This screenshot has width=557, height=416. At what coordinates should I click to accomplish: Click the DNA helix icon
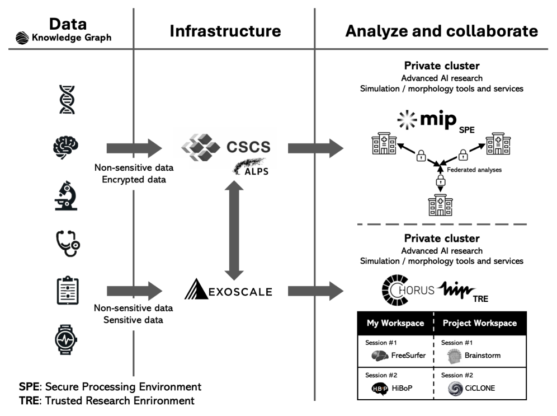click(67, 100)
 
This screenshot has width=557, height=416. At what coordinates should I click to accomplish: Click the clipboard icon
click(67, 291)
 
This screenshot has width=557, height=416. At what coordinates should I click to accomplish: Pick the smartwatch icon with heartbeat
click(67, 338)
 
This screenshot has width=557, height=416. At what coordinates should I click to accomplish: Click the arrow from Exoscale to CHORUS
click(315, 291)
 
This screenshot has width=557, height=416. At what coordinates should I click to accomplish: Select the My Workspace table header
click(395, 323)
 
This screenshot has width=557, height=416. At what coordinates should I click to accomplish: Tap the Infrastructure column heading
click(225, 31)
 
